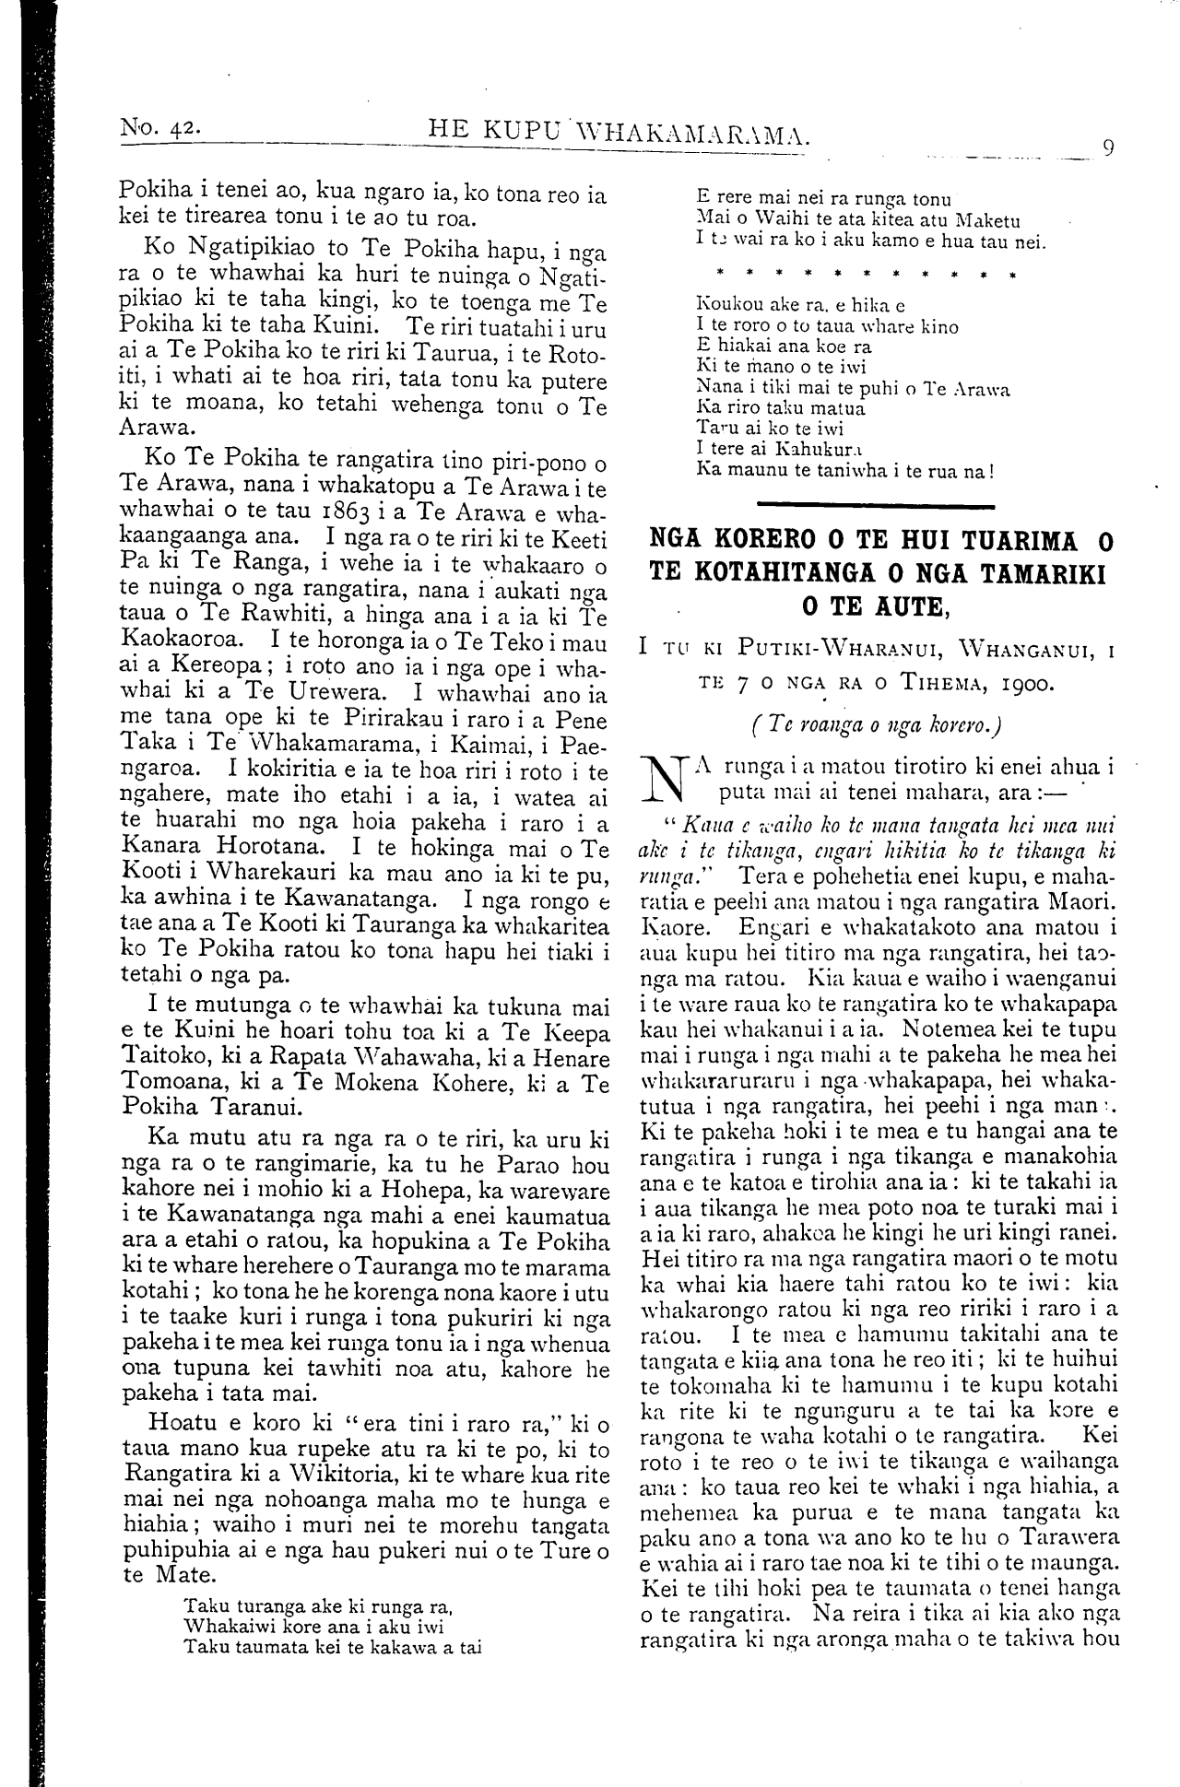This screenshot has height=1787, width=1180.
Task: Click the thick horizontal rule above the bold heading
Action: tap(875, 505)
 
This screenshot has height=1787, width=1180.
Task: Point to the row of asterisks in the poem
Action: tap(855, 275)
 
